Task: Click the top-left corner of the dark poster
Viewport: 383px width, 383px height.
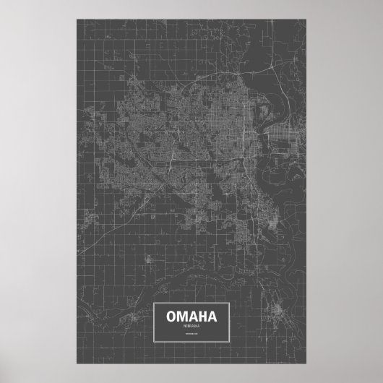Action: (x=75, y=20)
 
